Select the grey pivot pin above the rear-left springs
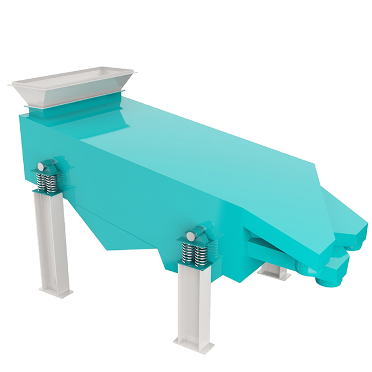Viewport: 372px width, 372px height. (x=41, y=167)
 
